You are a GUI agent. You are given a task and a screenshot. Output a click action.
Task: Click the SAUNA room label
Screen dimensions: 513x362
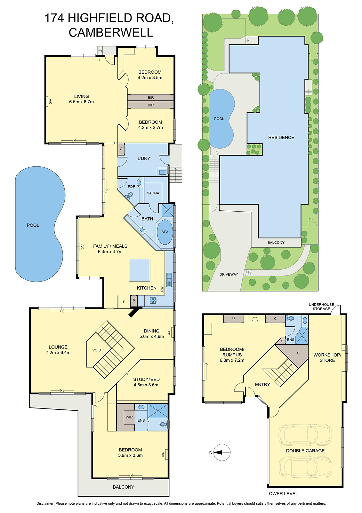click(153, 193)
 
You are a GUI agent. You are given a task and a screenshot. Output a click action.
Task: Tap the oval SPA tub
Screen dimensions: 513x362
click(165, 232)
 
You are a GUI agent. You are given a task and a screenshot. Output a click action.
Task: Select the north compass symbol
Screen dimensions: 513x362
click(221, 452)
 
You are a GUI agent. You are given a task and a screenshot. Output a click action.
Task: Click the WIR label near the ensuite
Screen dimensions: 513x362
click(129, 417)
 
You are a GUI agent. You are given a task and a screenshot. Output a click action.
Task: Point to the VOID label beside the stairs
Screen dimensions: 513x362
click(97, 350)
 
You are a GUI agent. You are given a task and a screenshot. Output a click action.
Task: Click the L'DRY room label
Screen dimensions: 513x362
click(144, 158)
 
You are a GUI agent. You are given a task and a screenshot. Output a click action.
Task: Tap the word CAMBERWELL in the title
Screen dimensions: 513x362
click(111, 32)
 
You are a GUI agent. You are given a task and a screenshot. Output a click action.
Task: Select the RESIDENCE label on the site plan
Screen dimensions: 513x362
click(281, 138)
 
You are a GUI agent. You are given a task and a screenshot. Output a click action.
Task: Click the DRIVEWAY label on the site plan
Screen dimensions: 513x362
click(229, 274)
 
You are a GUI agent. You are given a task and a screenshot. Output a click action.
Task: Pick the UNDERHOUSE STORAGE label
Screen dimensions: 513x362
click(321, 307)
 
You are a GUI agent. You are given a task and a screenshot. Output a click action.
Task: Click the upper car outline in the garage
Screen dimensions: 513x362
click(305, 435)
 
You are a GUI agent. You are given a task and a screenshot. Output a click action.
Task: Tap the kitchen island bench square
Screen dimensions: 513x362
click(139, 270)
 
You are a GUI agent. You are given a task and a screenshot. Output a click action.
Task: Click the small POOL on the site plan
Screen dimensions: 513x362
click(221, 119)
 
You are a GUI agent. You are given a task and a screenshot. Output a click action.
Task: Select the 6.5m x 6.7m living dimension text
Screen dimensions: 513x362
click(81, 102)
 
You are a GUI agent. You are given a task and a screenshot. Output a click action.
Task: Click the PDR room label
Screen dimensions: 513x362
click(132, 187)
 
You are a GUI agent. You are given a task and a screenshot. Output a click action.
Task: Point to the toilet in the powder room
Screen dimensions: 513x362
click(130, 196)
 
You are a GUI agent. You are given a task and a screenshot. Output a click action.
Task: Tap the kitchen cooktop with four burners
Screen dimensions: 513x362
click(153, 300)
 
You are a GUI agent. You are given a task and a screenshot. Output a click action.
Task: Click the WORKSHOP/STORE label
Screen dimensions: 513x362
click(327, 357)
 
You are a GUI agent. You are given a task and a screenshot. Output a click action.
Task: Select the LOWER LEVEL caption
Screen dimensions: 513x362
click(282, 493)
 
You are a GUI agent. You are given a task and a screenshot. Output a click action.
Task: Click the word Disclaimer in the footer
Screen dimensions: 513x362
click(45, 503)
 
